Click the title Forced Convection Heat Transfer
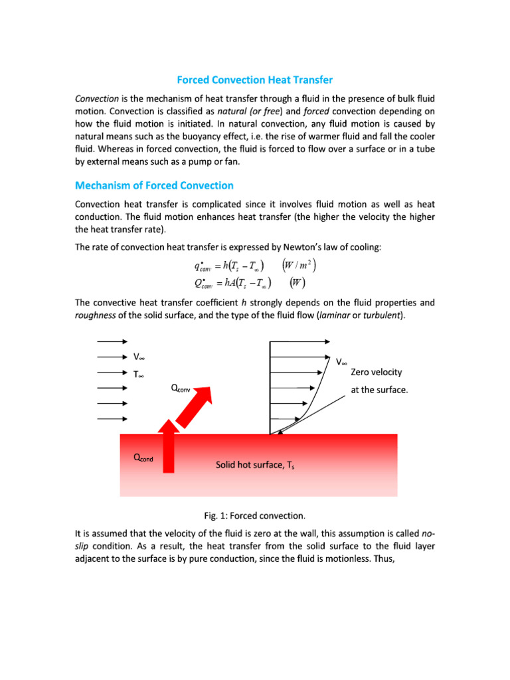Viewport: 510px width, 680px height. (254, 80)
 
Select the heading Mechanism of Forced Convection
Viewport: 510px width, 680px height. (154, 185)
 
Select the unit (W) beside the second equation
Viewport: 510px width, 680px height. (298, 282)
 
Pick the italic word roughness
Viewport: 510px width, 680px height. (96, 315)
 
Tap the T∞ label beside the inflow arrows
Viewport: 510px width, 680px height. (139, 374)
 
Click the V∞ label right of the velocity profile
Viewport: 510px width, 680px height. (341, 361)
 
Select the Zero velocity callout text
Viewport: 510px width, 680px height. (377, 372)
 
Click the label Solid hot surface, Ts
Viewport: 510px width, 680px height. (254, 465)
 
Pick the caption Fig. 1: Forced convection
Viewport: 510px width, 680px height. (254, 515)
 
